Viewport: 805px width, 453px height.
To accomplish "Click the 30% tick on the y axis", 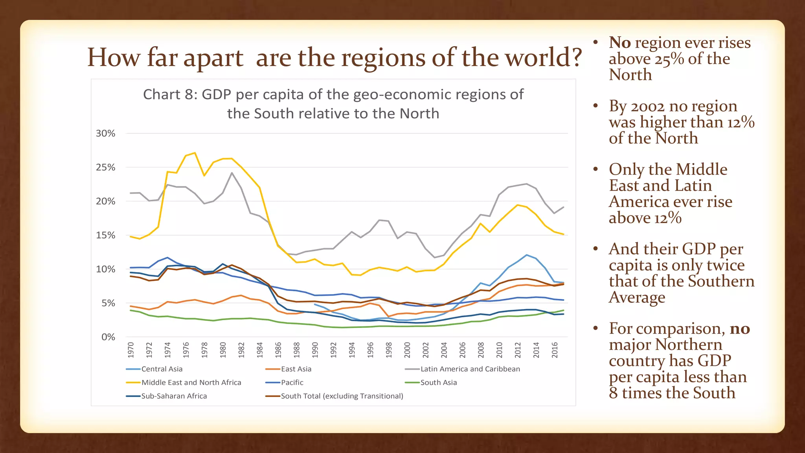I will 105,133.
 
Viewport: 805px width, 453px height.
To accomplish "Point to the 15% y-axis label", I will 105,235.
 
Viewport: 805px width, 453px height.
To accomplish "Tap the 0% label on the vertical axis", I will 108,337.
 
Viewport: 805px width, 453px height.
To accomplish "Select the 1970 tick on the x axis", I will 131,350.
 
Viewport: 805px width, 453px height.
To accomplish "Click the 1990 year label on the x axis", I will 315,350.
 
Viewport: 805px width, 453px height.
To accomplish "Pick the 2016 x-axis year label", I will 555,350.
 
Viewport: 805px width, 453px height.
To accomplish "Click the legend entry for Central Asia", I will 162,369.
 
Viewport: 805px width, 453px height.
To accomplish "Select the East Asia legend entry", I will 296,369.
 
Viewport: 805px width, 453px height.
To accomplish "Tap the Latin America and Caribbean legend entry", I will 470,369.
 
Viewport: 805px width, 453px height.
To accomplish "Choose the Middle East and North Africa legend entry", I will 191,382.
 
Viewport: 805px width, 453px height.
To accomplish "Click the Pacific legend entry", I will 292,382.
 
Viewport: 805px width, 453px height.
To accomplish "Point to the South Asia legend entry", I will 438,382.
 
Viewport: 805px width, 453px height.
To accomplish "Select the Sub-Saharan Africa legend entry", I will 174,396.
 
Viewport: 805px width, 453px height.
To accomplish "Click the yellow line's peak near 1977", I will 195,153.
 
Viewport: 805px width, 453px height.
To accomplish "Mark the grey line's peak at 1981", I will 232,173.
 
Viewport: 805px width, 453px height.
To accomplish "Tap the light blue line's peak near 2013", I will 527,255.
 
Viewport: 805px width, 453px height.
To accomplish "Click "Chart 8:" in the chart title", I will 170,94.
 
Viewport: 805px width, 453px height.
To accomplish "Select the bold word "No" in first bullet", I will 619,42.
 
